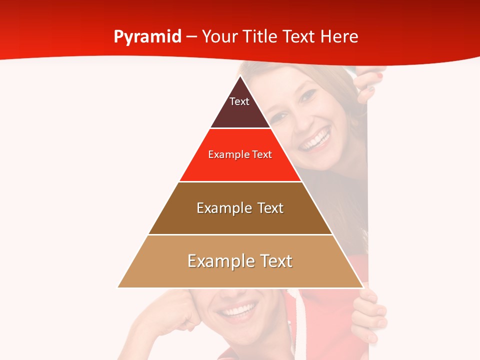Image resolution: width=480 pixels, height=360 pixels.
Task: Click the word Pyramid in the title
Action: click(x=147, y=37)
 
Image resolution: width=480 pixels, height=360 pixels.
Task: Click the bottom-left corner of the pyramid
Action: click(x=118, y=287)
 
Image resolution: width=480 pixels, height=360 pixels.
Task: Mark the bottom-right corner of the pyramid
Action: click(x=363, y=287)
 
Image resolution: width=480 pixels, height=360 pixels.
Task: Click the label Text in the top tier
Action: click(x=239, y=101)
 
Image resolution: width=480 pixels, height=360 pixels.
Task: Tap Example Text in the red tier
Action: click(x=240, y=154)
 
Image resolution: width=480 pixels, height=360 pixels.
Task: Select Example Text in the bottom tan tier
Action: click(x=240, y=261)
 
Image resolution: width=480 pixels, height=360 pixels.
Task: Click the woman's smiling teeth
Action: click(x=316, y=139)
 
